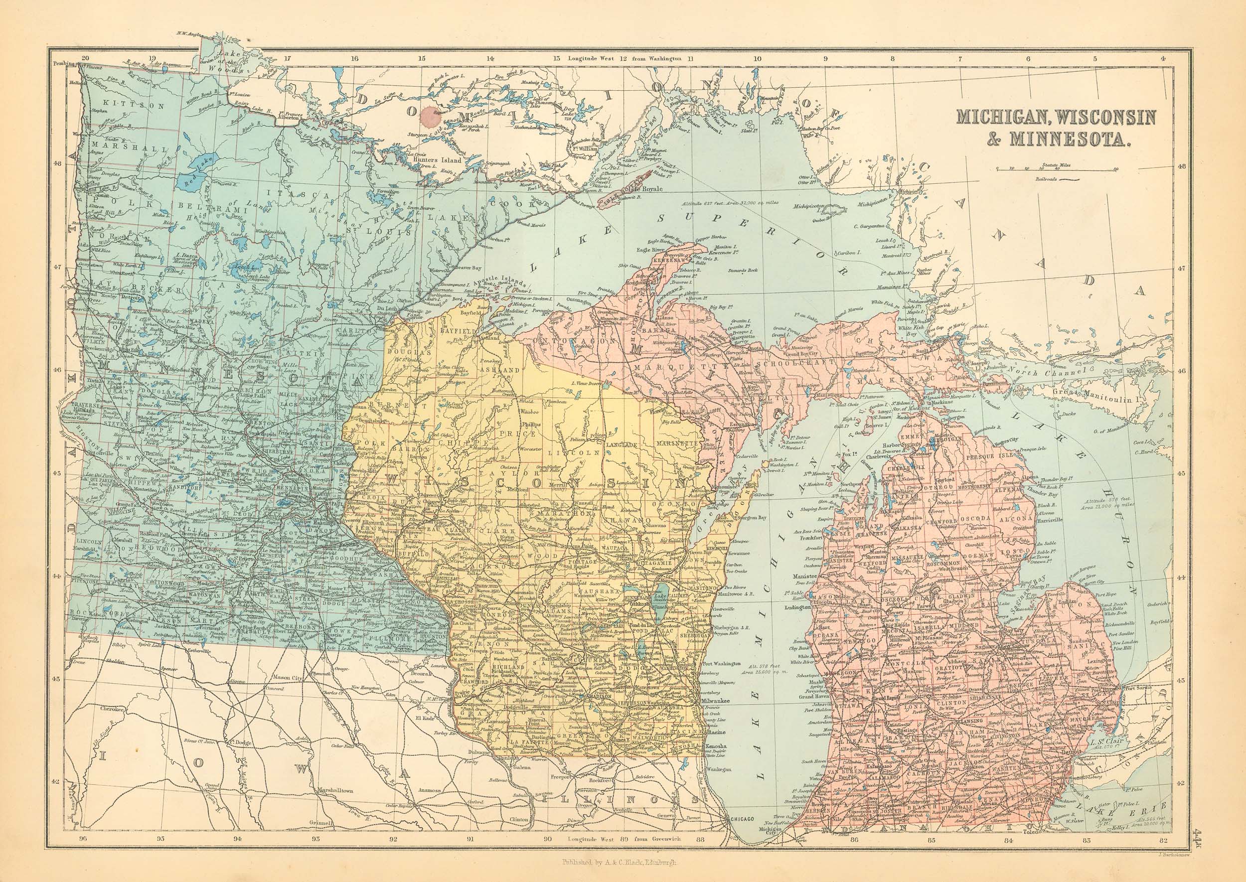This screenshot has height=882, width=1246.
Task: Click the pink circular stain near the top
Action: pyautogui.click(x=433, y=116)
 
